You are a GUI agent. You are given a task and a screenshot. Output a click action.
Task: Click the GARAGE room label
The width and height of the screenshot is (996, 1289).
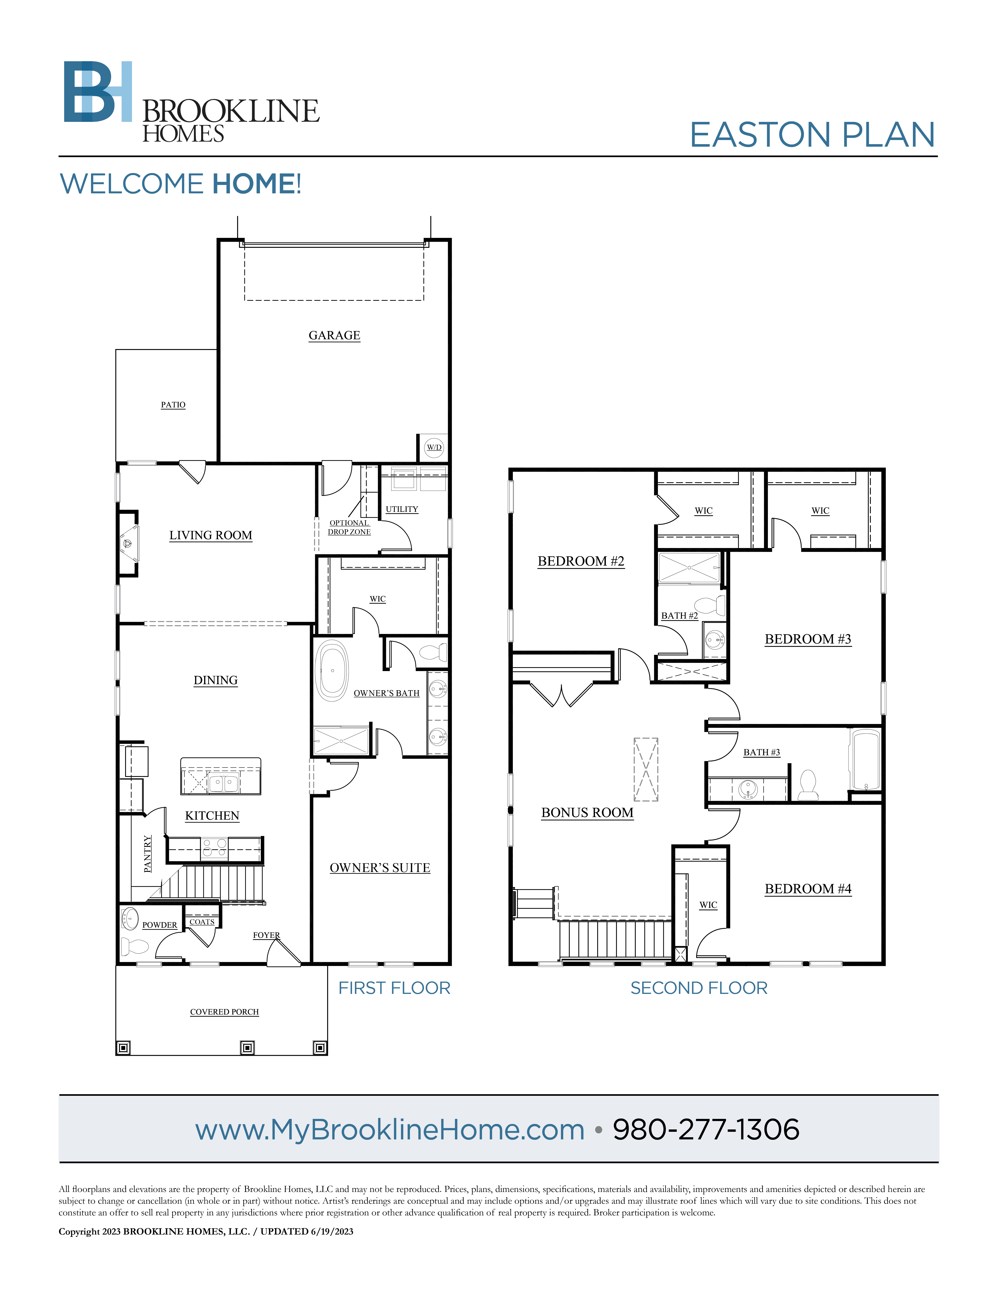click(x=334, y=335)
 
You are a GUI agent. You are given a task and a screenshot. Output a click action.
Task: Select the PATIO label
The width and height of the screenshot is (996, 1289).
click(x=173, y=405)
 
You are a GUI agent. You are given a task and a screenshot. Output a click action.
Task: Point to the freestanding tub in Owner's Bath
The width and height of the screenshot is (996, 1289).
click(x=332, y=670)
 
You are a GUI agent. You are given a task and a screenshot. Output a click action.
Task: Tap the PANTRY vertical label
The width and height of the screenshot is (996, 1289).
click(x=147, y=853)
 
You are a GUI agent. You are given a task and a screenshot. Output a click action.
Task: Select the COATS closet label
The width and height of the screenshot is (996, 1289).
click(x=202, y=922)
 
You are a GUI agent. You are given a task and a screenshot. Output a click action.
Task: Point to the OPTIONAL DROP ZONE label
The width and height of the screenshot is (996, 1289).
click(x=349, y=527)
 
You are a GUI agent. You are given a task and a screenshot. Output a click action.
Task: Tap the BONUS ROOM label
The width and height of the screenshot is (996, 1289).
click(x=587, y=813)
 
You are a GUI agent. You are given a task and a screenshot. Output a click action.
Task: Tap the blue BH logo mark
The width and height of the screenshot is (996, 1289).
click(x=98, y=91)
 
